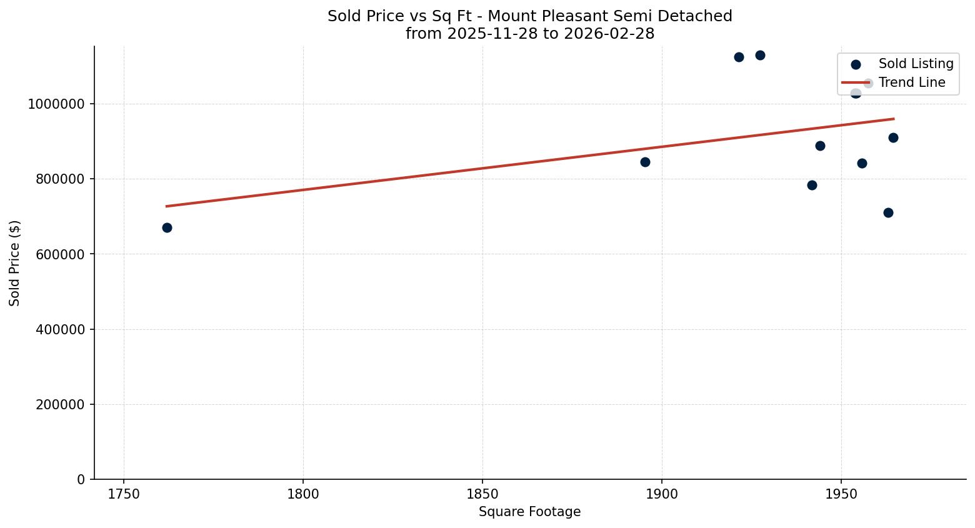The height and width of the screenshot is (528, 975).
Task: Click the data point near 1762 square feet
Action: (x=167, y=227)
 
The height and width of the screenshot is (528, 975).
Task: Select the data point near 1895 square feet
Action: (x=645, y=162)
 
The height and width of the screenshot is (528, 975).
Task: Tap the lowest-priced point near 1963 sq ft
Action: (x=888, y=212)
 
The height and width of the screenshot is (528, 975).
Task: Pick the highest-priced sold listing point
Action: (x=760, y=55)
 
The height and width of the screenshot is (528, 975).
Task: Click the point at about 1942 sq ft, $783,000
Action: (x=812, y=185)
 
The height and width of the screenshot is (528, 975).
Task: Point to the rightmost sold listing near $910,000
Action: (x=893, y=137)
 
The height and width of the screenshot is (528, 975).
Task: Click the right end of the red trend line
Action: (x=893, y=119)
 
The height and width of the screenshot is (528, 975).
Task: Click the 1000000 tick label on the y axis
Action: (x=56, y=104)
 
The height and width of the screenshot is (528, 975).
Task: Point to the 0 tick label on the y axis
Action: (x=81, y=479)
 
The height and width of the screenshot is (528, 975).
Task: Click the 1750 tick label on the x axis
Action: (x=124, y=495)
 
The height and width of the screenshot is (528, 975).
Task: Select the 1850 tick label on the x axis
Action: (x=482, y=495)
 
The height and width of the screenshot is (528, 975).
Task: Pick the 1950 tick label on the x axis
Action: (x=841, y=495)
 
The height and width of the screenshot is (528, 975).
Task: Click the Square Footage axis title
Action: (x=529, y=512)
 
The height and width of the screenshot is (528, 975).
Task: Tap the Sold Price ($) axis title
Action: (x=15, y=263)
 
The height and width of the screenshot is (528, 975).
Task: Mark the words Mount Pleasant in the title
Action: (x=536, y=16)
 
